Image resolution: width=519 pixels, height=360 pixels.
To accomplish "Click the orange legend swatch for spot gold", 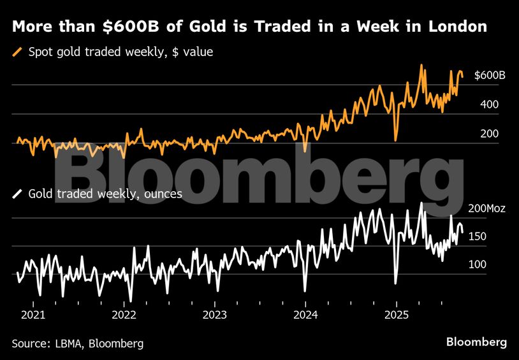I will [18, 52].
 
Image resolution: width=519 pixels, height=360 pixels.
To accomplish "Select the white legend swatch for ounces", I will [18, 194].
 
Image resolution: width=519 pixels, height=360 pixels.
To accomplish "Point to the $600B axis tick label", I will [490, 76].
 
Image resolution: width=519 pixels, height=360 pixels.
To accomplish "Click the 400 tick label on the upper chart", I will [489, 104].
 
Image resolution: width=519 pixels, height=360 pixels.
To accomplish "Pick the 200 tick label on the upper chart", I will [489, 134].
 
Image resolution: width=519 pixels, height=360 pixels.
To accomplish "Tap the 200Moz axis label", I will [486, 208].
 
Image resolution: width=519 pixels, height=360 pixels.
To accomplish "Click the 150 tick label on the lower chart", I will [478, 236].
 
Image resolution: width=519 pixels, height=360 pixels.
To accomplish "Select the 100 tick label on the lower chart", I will [478, 264].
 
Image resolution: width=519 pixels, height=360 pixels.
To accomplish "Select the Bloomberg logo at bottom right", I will [476, 342].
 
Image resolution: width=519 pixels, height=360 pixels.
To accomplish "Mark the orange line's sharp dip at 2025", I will [396, 139].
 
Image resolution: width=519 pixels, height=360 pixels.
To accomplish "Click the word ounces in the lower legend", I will [163, 194].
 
